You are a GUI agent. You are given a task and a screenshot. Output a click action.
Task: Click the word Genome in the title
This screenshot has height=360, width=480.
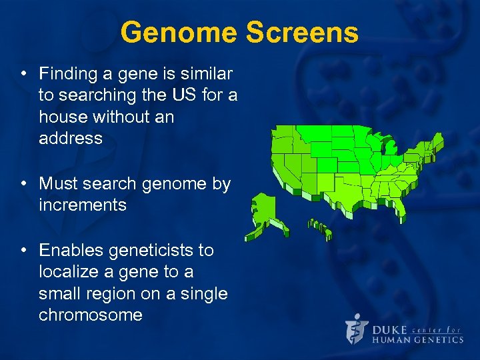coord(180,33)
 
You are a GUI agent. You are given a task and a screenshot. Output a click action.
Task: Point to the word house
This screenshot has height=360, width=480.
coord(65,117)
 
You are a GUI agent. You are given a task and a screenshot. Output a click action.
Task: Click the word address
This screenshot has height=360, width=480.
coord(70,139)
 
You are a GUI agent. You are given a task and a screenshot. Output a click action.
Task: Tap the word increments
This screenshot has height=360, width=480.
coord(82,205)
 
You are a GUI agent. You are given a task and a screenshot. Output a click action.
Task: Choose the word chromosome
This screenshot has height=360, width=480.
coord(91,315)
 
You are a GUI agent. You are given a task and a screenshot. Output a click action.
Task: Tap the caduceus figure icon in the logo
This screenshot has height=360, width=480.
coord(357,329)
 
